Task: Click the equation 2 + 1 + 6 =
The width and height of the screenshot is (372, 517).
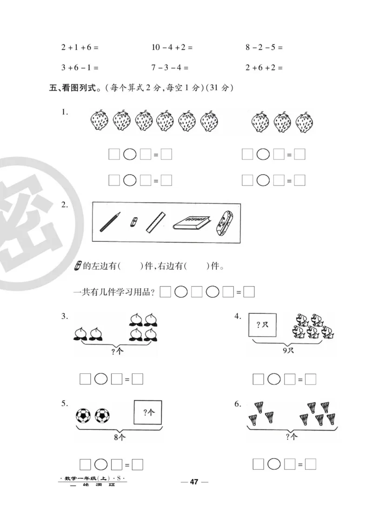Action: pos(80,47)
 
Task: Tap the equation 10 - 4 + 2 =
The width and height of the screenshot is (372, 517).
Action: pos(172,47)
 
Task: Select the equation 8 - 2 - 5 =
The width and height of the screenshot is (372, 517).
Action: pos(264,47)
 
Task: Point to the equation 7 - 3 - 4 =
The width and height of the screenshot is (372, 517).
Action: pos(170,67)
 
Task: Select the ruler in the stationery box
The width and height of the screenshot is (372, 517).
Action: pos(155,222)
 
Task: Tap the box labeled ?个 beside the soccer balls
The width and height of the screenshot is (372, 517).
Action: pos(148,412)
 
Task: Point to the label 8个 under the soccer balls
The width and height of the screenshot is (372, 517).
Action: pos(120,437)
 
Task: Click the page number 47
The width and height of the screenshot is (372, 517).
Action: pos(194,482)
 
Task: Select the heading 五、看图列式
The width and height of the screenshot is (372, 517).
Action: pos(75,87)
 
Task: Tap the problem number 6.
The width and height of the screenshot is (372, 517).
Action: pos(238,404)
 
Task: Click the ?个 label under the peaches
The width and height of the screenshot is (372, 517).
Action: pos(118,352)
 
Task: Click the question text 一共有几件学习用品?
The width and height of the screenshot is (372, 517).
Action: pos(114,292)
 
